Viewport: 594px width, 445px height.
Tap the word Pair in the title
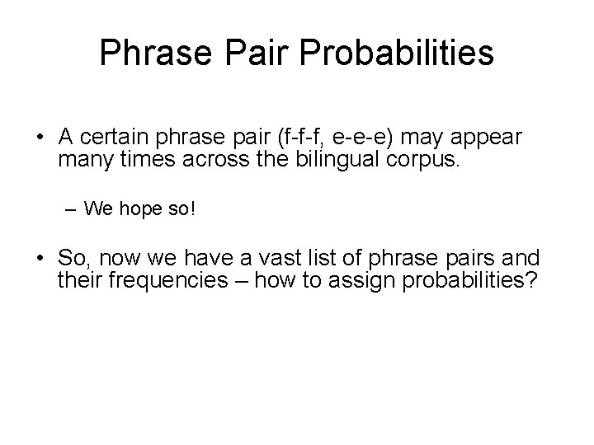coord(246,53)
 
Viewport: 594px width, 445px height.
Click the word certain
coord(112,137)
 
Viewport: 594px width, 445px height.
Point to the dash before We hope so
coord(72,209)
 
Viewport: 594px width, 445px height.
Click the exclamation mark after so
coord(193,209)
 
